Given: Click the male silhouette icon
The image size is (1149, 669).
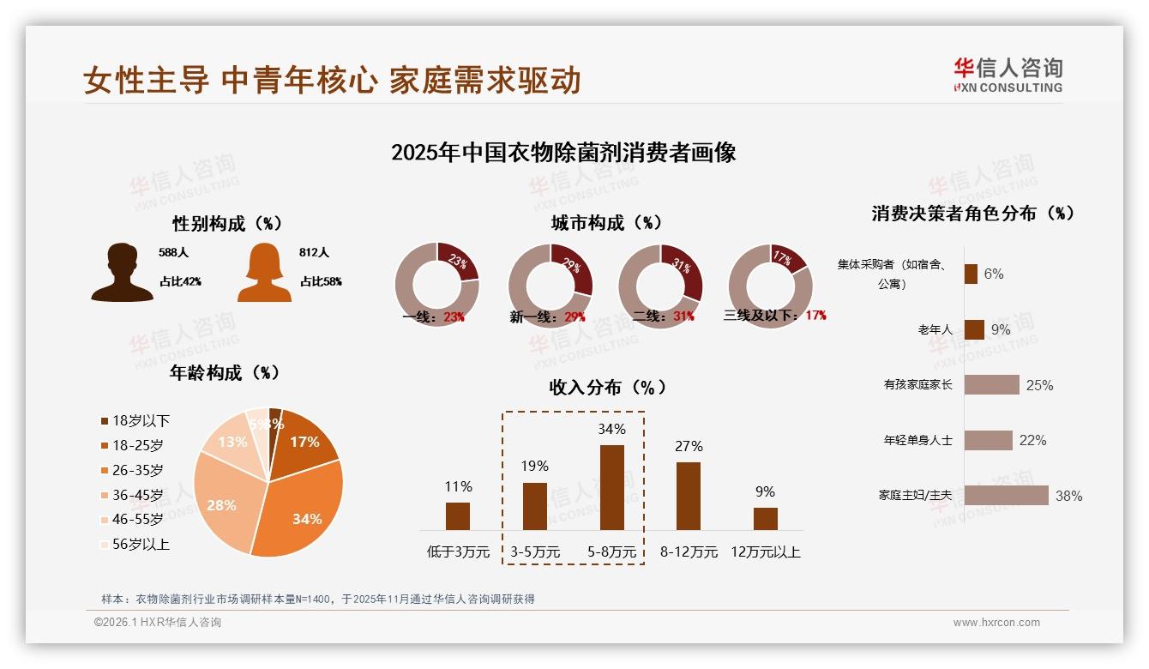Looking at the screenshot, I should click(122, 273).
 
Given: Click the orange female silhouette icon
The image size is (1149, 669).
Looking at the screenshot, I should click(264, 273).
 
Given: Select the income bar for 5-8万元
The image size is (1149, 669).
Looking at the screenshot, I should click(611, 487).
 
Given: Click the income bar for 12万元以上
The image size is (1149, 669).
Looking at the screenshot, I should click(765, 518).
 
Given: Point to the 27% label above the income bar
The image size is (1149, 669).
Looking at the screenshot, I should click(689, 446).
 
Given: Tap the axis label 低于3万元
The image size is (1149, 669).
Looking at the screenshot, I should click(457, 551).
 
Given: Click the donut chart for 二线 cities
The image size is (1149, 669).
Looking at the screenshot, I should click(660, 286).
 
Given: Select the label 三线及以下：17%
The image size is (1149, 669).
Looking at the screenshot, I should click(774, 315).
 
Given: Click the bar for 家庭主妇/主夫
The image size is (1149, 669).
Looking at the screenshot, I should click(1006, 496).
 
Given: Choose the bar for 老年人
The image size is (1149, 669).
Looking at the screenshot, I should click(974, 329).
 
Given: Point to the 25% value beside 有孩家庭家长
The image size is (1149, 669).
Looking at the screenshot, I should click(1039, 385).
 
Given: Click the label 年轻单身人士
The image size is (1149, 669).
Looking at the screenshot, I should click(917, 440).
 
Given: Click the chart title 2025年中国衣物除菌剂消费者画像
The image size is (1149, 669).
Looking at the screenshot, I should click(563, 153).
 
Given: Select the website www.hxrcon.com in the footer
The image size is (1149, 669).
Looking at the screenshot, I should click(996, 623).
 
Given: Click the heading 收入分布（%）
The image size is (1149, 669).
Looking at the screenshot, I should click(607, 387).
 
